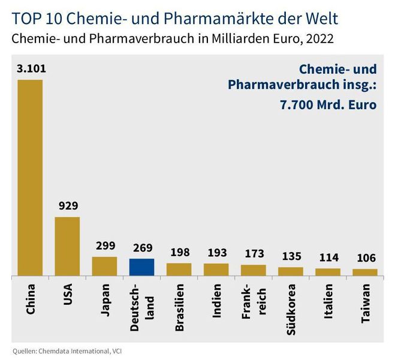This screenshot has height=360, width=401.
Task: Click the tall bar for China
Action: point(30,178)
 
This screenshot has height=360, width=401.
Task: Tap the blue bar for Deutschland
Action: point(142,267)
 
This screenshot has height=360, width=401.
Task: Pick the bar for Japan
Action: point(104,266)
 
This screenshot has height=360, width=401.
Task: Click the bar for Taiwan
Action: point(365,272)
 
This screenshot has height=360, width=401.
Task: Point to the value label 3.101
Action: point(31,68)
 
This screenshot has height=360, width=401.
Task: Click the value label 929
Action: point(68,206)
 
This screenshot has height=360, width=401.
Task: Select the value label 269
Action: point(142,247)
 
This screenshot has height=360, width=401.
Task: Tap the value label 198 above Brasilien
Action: point(179,251)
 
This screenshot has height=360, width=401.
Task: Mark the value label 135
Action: point(291,256)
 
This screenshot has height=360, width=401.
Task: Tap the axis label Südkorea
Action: point(291,307)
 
